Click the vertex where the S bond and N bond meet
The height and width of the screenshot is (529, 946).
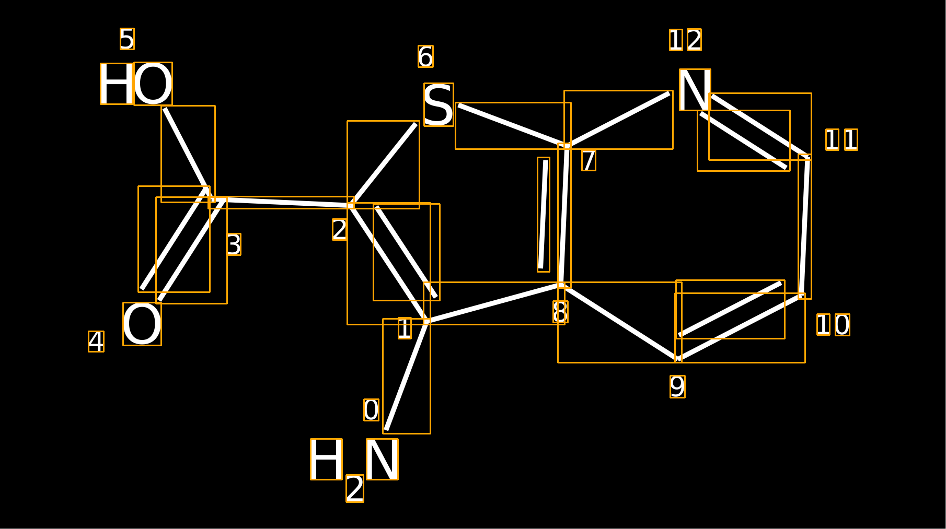[567, 145]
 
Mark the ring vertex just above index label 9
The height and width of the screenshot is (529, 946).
[678, 359]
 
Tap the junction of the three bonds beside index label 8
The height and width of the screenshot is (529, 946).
[561, 285]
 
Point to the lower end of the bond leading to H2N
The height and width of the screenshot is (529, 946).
[386, 430]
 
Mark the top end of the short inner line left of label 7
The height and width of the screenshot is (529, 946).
[546, 160]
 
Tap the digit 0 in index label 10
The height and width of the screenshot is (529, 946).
[842, 325]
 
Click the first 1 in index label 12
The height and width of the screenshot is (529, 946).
[676, 40]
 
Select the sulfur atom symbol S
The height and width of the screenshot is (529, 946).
[439, 104]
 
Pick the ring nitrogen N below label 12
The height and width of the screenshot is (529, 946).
[695, 90]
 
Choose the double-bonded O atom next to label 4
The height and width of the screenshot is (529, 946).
[142, 324]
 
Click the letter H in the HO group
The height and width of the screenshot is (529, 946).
[117, 84]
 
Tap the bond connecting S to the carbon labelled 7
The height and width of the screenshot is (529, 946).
[513, 125]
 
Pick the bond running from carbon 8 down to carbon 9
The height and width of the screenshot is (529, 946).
[620, 322]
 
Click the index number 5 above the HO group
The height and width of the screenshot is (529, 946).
[127, 39]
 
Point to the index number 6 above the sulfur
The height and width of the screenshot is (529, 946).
[425, 56]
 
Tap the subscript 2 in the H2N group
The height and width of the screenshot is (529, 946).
[355, 489]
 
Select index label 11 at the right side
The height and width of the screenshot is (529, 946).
[841, 139]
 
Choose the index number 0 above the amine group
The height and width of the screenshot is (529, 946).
[371, 410]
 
